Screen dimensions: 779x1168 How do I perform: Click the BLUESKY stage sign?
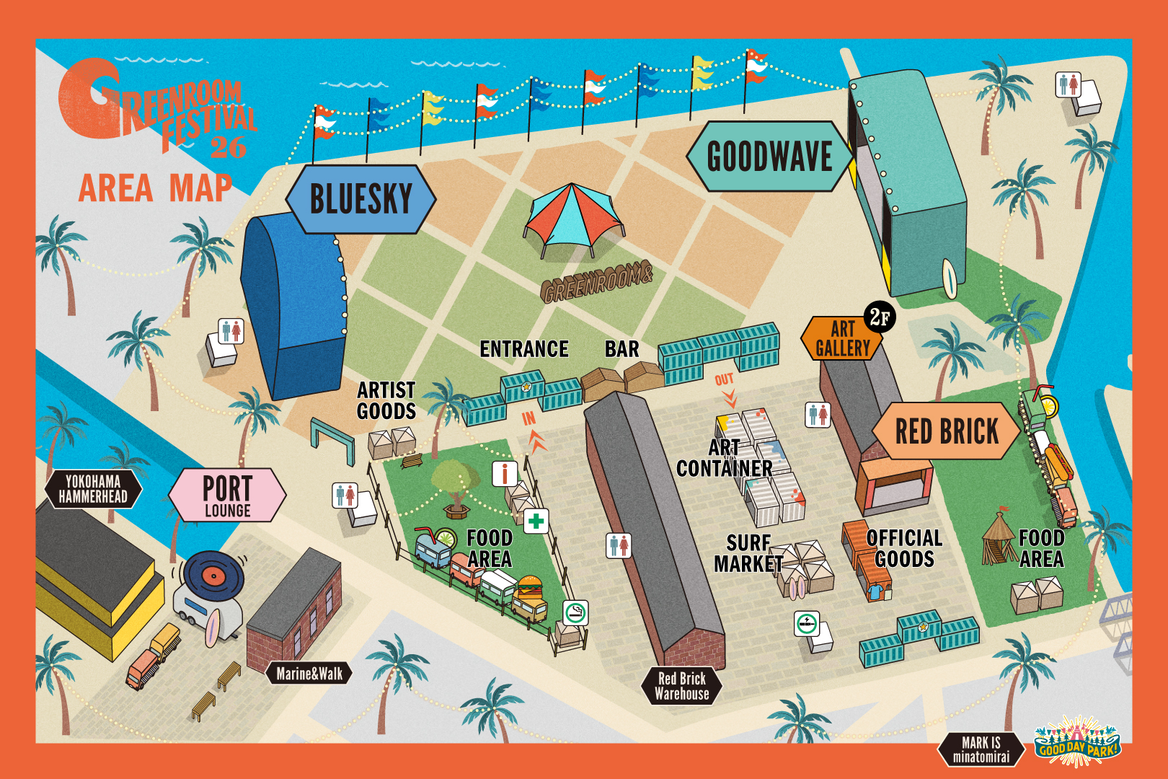coord(360,199)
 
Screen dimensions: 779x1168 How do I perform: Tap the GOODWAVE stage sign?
coord(769,157)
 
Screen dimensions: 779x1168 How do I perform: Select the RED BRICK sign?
coord(946,431)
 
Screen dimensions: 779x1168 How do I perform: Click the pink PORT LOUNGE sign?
coord(227,495)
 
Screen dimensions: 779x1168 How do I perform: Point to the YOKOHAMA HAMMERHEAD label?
coord(93,489)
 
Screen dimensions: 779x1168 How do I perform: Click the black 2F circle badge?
coord(880,317)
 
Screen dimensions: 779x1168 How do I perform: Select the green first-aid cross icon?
coord(536,521)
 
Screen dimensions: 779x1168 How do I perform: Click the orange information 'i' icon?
coord(505,474)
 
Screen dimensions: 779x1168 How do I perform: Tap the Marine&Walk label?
coord(309,674)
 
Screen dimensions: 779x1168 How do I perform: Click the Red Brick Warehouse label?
coord(681,686)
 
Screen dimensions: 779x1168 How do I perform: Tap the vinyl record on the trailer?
coord(213,574)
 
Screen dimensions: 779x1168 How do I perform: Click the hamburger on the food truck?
coord(530,589)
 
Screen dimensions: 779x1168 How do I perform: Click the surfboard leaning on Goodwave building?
coord(950,278)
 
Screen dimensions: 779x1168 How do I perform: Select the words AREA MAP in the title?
coord(155,189)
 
